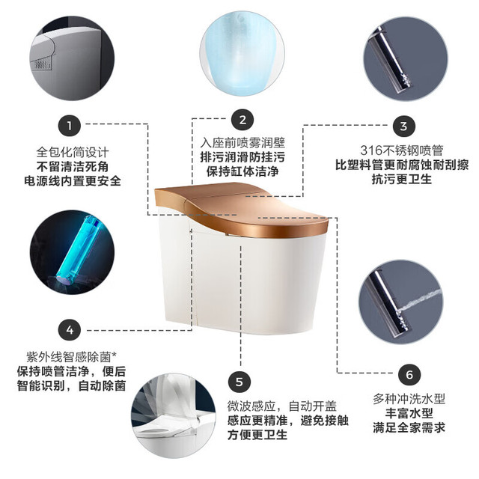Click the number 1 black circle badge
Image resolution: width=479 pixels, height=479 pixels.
pos(70,125)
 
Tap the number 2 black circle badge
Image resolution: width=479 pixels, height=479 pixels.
pos(242,120)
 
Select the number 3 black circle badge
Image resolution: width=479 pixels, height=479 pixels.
pos(403,126)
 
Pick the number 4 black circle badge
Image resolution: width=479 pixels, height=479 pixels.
pos(70,329)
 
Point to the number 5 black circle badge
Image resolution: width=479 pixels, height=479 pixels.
pos(239,382)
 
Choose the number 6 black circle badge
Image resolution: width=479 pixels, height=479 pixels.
pos(409,374)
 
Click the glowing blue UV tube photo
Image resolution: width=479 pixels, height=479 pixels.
pos(72,252)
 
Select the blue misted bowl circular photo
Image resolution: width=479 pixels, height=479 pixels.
pos(242,53)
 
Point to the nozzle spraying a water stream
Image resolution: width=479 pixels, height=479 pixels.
pos(400,302)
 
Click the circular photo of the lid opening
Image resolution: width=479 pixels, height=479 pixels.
pos(174,415)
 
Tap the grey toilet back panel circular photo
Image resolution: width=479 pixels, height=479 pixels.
pos(72,58)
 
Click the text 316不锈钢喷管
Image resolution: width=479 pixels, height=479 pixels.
pos(402,150)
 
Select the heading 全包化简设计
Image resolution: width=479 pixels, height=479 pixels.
pos(73,152)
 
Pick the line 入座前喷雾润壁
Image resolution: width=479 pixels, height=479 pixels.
pos(242,143)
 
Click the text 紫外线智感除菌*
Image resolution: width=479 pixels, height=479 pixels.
pos(72,357)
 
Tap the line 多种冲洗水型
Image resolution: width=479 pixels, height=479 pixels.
pos(409,399)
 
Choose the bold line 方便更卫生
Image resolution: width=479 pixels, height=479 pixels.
pos(257,434)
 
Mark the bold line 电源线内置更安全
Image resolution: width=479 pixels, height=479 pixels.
pos(73,181)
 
